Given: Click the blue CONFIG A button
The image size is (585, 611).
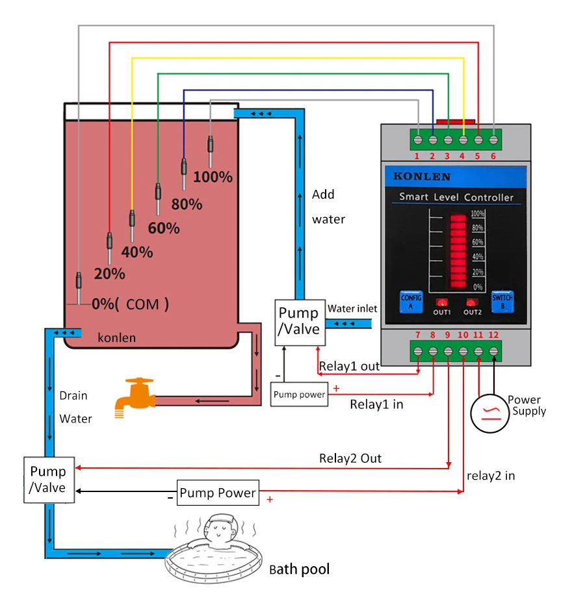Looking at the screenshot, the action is click(x=411, y=302).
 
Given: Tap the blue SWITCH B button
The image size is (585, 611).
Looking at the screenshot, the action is click(x=502, y=302).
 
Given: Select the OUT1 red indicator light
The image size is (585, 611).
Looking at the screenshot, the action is click(x=441, y=302).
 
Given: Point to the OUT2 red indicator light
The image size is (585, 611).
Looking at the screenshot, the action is click(x=471, y=302).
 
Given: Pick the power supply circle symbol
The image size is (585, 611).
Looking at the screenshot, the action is click(x=489, y=414).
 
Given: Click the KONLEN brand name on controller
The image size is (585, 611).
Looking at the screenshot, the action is click(x=422, y=177).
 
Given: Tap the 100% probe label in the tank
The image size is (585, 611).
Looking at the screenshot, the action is click(x=213, y=177).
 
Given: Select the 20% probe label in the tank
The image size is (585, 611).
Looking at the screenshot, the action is click(x=109, y=274).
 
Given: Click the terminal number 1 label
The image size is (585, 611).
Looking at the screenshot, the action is click(x=417, y=156).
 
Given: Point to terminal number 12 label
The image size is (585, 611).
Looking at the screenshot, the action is click(x=493, y=335).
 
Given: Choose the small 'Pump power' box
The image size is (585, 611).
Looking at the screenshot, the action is click(x=299, y=395).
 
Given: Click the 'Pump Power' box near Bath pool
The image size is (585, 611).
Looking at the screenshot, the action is click(x=218, y=493).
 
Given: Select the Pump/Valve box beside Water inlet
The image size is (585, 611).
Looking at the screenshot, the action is click(x=300, y=322).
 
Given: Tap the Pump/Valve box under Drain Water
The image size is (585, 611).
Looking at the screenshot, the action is click(x=49, y=480).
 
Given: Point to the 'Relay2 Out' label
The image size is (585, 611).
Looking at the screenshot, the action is click(x=350, y=458).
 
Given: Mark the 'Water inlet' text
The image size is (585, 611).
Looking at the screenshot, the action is click(x=352, y=309).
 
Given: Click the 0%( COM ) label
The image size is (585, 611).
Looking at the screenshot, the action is click(x=130, y=304).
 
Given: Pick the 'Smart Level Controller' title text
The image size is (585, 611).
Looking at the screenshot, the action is click(x=456, y=197).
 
